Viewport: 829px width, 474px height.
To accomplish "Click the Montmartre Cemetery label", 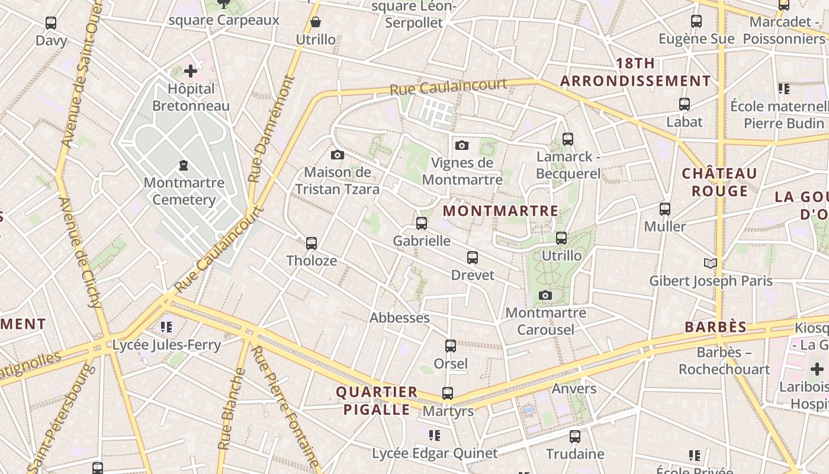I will point(184,191).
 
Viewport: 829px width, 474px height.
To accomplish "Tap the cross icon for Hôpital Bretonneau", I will point(190,72).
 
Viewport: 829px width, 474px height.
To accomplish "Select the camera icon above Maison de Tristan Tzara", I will point(338,155).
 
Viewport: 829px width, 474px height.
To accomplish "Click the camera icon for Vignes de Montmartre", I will point(462,145).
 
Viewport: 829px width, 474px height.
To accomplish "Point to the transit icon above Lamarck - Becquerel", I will point(568,139).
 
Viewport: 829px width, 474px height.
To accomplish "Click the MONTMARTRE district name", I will point(500,211).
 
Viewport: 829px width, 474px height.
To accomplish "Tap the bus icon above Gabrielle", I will point(422,223).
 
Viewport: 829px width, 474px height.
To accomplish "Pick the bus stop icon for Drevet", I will point(473,258).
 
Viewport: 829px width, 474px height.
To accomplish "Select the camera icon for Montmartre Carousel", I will point(545,295).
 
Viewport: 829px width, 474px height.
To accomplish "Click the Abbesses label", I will point(400,318).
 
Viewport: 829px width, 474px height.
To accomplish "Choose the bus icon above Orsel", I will point(451,345).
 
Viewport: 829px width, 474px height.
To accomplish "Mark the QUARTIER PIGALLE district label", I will point(377,401).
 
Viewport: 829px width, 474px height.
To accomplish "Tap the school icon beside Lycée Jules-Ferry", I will point(166,327).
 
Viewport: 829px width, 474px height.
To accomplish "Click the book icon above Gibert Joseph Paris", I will point(711,263).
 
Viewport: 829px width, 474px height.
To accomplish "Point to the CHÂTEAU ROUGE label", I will point(719,182).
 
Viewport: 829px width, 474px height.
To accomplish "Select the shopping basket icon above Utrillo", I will point(316,23).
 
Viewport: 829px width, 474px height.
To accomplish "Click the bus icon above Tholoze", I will point(311,243).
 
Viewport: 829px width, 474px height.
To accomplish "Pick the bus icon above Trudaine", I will point(574,437).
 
